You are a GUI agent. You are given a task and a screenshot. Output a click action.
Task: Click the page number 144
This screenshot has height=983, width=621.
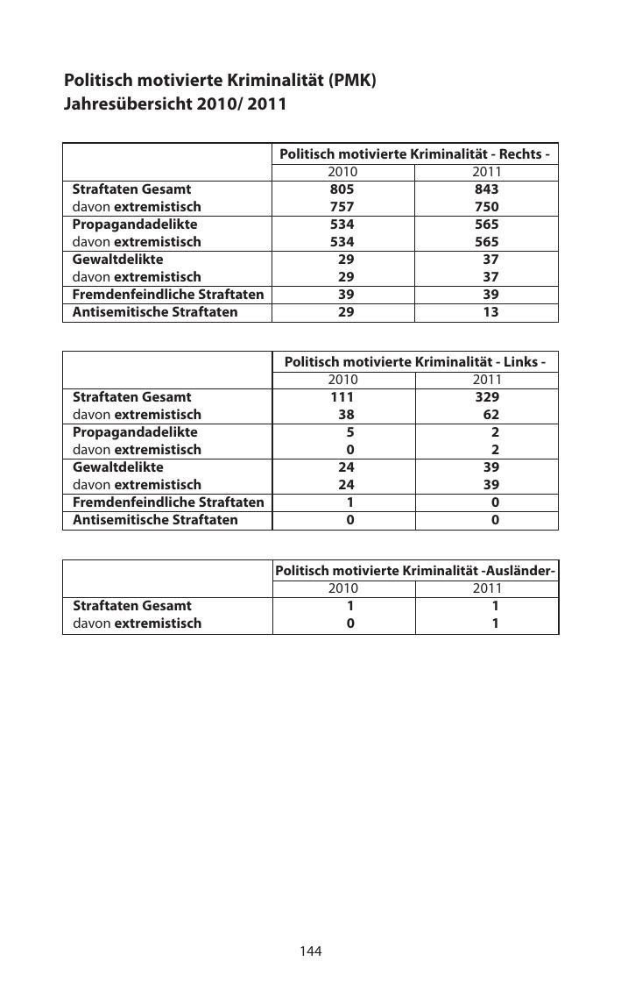pyautogui.click(x=311, y=951)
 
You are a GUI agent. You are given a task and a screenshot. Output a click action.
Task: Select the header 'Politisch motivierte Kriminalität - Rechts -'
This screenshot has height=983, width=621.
pyautogui.click(x=414, y=154)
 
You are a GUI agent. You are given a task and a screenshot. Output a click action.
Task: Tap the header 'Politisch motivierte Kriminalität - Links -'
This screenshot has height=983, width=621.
pyautogui.click(x=414, y=361)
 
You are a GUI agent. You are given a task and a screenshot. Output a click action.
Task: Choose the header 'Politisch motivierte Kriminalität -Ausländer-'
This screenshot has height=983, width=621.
pyautogui.click(x=415, y=571)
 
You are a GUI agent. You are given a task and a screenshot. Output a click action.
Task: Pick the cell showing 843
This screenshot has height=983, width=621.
pyautogui.click(x=486, y=189)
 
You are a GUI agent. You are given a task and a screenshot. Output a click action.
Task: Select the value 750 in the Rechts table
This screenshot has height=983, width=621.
pyautogui.click(x=486, y=207)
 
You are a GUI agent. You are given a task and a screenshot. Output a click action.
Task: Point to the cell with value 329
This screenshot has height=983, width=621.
pyautogui.click(x=486, y=396)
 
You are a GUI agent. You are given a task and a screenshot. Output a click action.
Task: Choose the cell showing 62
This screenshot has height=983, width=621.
pyautogui.click(x=490, y=414)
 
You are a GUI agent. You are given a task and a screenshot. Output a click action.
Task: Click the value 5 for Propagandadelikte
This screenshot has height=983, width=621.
pyautogui.click(x=349, y=431)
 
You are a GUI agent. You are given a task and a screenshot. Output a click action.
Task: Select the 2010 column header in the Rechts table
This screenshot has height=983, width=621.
pyautogui.click(x=342, y=172)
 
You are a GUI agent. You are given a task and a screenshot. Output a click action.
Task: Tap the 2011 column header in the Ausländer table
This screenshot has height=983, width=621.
pyautogui.click(x=487, y=588)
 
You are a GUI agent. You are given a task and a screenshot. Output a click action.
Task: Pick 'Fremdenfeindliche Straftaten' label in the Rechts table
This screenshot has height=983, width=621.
pyautogui.click(x=167, y=295)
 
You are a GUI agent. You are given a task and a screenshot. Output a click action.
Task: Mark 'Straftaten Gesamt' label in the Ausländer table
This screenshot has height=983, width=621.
pyautogui.click(x=131, y=605)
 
